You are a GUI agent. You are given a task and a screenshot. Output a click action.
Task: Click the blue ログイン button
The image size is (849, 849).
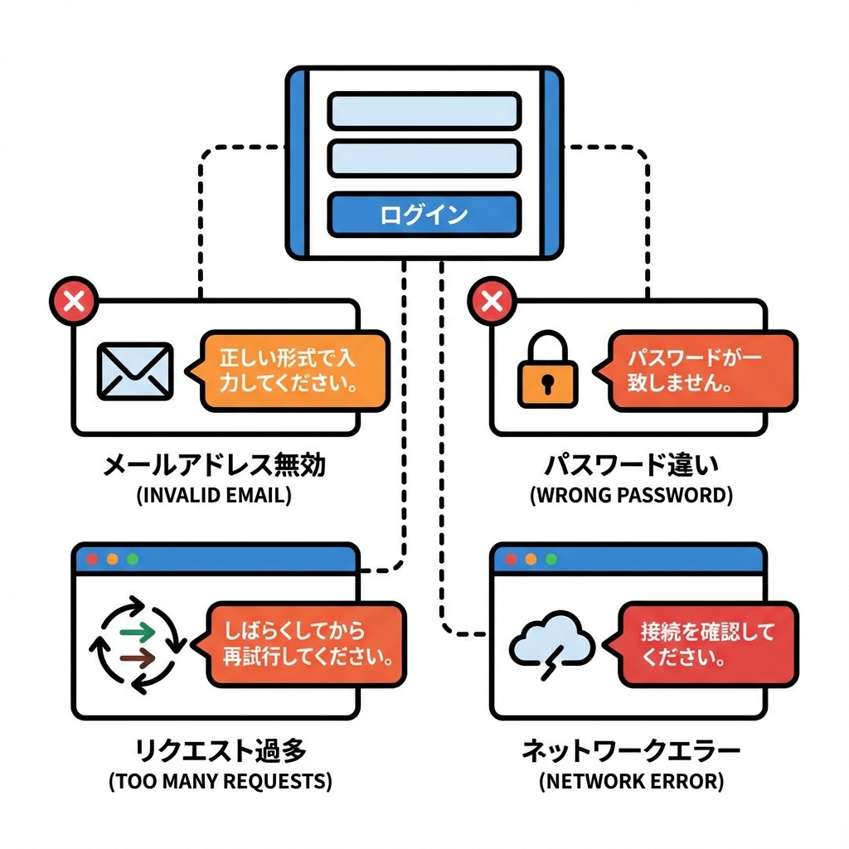pos(424,215)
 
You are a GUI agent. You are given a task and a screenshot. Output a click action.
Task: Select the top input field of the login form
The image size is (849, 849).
pos(424,111)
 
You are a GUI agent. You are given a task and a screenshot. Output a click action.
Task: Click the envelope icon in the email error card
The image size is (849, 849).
pos(135,371)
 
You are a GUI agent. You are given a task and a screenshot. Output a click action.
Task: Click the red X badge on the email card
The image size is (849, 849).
pos(74,300)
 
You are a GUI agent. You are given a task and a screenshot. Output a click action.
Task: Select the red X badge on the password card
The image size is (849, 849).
pos(492,300)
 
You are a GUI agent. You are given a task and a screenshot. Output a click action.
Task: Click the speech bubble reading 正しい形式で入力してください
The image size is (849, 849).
pos(292,371)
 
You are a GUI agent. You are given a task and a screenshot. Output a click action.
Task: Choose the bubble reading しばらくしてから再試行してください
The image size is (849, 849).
pos(305,644)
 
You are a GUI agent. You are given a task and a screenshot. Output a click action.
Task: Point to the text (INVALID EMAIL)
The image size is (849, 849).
pos(213,496)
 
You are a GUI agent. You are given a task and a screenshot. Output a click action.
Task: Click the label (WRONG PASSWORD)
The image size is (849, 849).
pos(630,496)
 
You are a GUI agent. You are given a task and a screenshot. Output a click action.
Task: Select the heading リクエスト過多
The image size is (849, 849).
pos(220,750)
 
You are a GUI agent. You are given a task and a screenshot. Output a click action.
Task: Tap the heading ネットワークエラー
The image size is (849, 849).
pos(630,750)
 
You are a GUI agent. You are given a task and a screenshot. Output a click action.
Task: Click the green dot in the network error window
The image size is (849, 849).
pos(551,560)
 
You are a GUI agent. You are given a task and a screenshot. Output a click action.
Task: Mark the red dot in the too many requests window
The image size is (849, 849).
pos(93,560)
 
